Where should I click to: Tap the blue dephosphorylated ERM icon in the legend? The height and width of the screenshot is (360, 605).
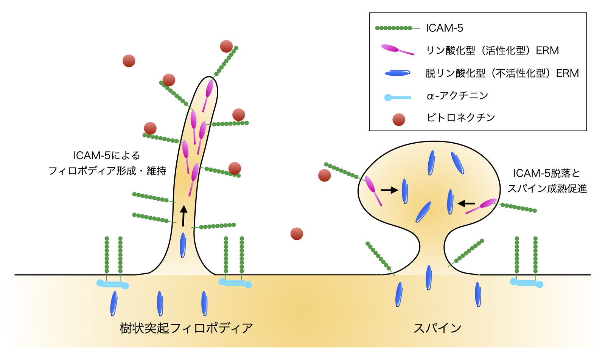pos(397,73)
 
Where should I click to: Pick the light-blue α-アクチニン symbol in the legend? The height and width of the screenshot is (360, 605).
pos(397,97)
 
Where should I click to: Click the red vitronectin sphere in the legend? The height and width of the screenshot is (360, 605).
pos(399,119)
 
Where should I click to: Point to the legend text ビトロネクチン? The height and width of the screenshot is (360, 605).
pos(460,118)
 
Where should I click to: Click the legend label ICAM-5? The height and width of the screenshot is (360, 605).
pos(444,28)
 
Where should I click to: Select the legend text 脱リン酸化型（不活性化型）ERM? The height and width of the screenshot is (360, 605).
pos(502,73)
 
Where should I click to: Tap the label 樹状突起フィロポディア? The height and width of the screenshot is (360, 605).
pos(186,327)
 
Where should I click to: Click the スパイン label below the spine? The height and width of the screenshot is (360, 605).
pos(437,327)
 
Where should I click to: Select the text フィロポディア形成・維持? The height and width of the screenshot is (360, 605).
pos(107,171)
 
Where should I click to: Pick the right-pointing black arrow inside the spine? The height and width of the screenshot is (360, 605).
pos(389,190)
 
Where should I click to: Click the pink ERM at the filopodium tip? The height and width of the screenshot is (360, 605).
pos(209,89)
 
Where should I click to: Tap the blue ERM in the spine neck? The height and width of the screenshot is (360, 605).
pos(429,277)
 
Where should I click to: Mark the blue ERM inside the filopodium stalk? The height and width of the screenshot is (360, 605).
pos(183,245)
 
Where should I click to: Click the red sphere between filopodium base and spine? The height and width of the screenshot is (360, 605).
pos(297,234)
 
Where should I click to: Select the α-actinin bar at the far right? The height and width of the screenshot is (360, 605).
pos(527,283)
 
